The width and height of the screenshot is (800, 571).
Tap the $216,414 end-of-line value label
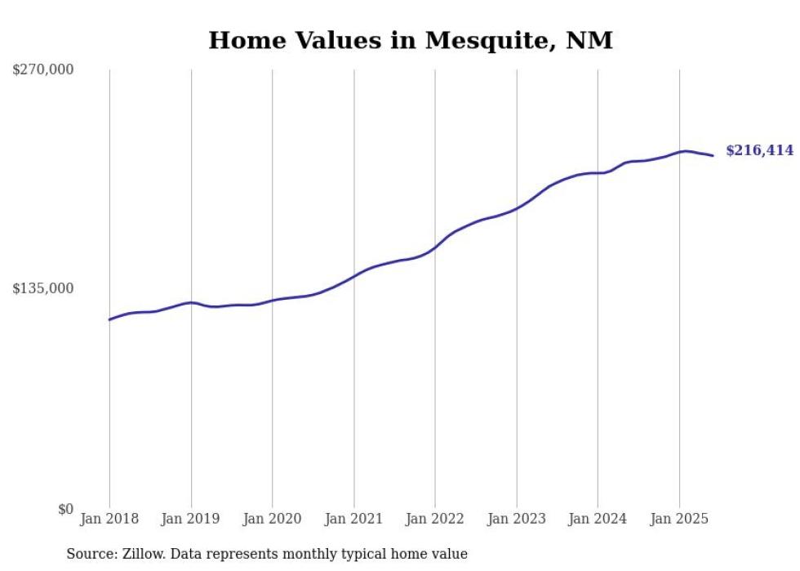point(759,150)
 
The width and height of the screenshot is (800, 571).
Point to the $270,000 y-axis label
point(42,70)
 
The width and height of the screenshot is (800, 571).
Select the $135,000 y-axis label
point(42,288)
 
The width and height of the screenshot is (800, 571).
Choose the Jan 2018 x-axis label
point(109,519)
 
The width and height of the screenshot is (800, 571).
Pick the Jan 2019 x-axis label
point(191,519)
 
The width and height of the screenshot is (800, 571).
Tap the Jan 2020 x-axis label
point(272,519)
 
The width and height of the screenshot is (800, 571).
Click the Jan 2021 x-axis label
point(353,519)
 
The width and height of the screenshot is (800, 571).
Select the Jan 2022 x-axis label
point(435,519)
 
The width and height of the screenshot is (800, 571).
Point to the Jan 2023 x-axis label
point(516,519)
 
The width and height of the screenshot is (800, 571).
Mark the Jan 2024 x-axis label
point(598,519)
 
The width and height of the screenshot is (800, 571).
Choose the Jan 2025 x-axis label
point(679,519)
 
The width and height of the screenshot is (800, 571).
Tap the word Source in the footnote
point(89,554)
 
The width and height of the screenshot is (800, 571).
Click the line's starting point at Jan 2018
point(109,319)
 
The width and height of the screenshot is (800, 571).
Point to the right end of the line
point(713,155)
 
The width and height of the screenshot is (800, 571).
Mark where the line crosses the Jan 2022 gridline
point(435,247)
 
